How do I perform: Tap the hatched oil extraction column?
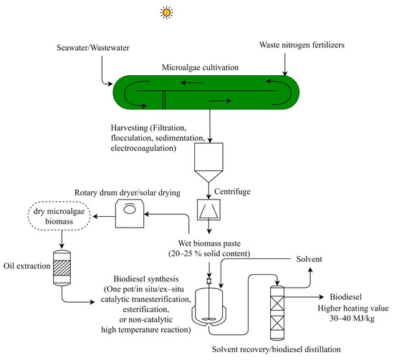[56, 262]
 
